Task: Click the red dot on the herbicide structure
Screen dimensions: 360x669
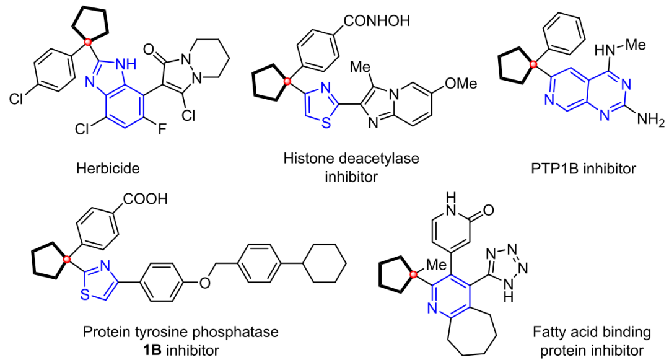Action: (x=89, y=42)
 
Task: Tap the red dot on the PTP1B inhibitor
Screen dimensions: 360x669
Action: (x=532, y=64)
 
